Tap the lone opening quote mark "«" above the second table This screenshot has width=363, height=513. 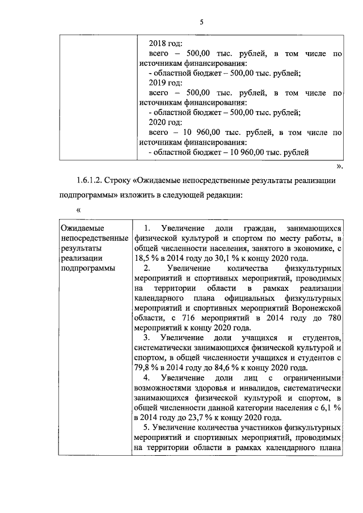pyautogui.click(x=79, y=210)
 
